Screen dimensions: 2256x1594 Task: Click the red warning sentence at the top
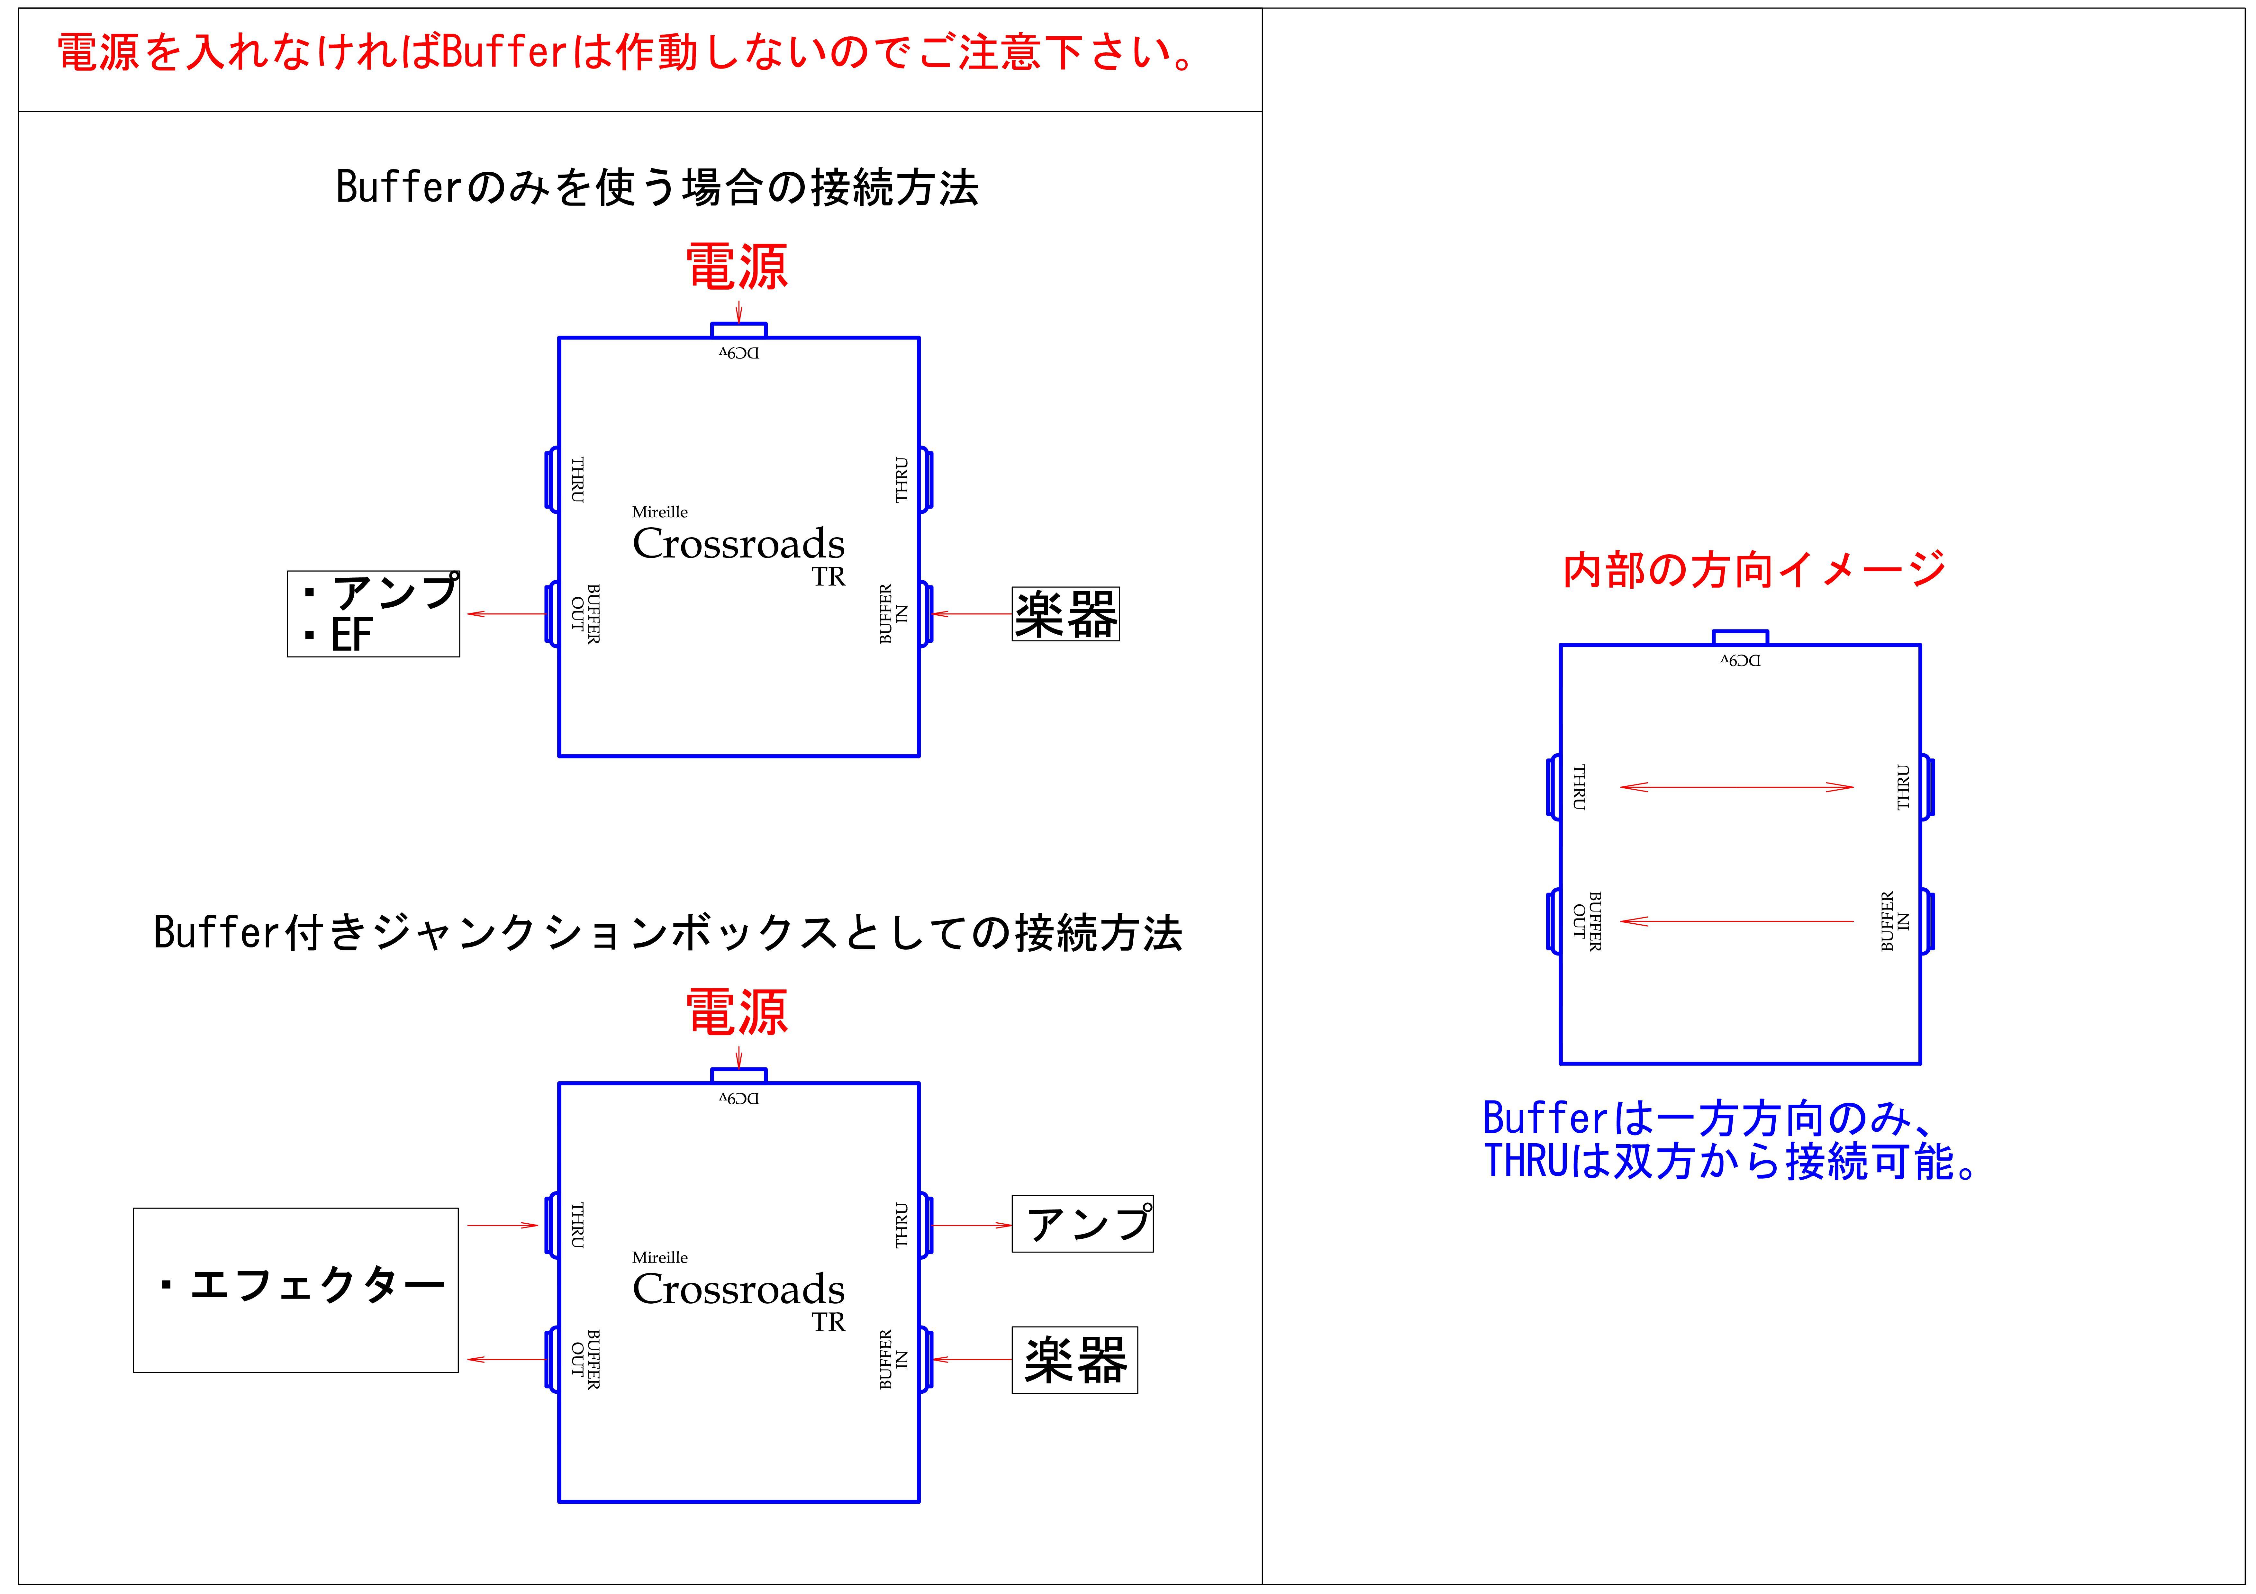click(x=626, y=52)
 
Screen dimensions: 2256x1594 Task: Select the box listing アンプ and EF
click(x=373, y=614)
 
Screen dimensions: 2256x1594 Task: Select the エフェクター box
click(x=296, y=1290)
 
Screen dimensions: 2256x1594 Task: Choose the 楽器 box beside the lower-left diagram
click(x=1075, y=1360)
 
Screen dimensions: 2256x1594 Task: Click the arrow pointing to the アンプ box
click(x=972, y=1226)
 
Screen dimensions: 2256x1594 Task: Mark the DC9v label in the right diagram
click(x=1740, y=660)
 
